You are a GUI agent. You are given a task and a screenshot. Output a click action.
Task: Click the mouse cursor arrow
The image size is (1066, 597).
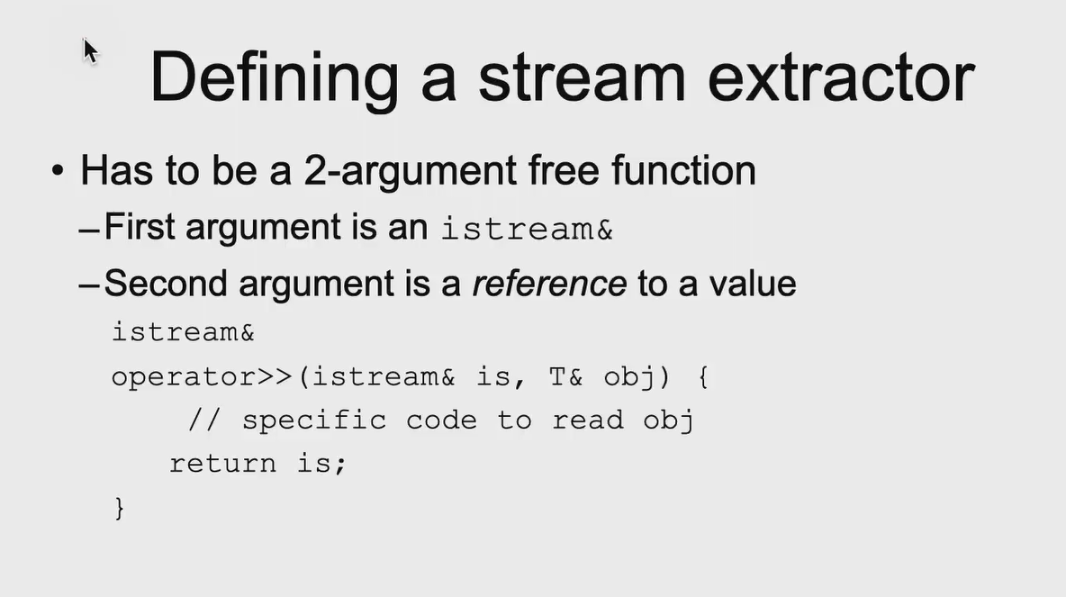pos(90,51)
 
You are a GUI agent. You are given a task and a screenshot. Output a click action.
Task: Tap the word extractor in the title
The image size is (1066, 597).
pos(842,77)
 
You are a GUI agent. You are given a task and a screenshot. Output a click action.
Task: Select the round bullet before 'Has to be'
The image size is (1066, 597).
pos(58,170)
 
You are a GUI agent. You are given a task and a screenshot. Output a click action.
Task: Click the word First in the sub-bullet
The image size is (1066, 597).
pos(140,226)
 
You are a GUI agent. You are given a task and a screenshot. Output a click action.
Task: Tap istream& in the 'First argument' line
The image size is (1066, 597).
pos(528,229)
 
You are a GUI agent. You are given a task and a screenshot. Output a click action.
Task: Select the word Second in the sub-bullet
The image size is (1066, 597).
pos(165,283)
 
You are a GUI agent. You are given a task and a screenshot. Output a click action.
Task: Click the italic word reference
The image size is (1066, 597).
pos(549,284)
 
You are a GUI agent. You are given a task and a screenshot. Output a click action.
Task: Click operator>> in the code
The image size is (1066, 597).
pos(202,376)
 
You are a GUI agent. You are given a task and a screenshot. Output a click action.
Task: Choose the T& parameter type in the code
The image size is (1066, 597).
pos(565,376)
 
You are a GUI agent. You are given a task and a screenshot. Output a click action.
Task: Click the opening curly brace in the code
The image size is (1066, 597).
pos(704,376)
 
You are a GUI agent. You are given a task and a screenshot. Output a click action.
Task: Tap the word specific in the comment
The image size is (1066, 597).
pos(314,421)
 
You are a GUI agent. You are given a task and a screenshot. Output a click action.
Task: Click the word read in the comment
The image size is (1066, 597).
pos(587,420)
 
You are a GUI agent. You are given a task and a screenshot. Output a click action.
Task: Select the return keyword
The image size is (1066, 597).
pos(223,464)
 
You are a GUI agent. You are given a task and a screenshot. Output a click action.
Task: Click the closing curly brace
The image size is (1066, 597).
pos(119,508)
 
